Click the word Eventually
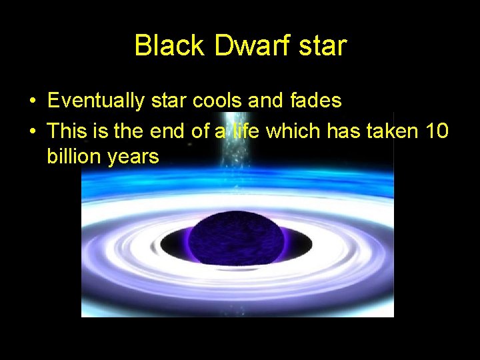pyautogui.click(x=96, y=101)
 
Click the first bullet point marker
pyautogui.click(x=32, y=101)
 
